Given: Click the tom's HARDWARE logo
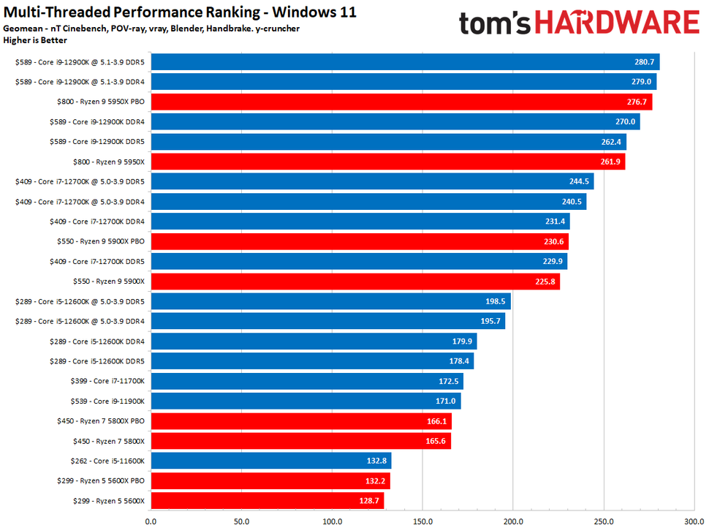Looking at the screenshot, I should [x=579, y=23].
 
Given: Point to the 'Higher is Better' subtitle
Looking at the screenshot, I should [x=35, y=40].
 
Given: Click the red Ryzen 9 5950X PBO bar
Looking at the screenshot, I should [x=401, y=102].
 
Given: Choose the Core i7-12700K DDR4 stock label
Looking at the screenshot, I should [x=102, y=222].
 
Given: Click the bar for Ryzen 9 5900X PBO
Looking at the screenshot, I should [x=359, y=241].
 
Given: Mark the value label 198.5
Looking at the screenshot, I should [x=495, y=301].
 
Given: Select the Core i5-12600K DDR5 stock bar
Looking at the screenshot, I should [x=312, y=361].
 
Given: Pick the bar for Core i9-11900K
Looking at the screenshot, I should [x=306, y=401].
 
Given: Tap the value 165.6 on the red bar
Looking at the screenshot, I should [x=435, y=441].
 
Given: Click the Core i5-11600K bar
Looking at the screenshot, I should [x=270, y=461].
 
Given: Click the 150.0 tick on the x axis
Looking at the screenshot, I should [x=422, y=521].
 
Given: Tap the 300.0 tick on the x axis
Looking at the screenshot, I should [x=693, y=521].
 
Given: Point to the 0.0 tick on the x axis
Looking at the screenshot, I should [x=151, y=521].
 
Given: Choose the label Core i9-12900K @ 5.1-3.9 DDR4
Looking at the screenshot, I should [x=81, y=82].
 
